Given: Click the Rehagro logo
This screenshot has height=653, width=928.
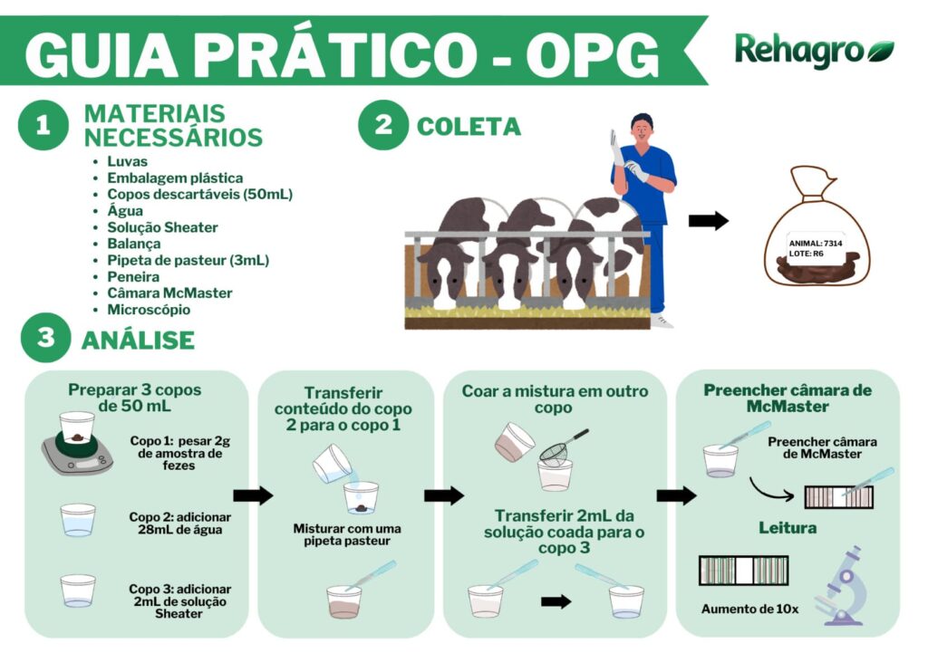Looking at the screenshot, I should [x=814, y=51].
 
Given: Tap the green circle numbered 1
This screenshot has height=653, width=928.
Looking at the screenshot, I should [x=43, y=126].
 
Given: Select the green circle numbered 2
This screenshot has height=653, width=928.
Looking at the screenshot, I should [x=383, y=125].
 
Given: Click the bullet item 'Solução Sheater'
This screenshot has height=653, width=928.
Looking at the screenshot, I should [x=162, y=227].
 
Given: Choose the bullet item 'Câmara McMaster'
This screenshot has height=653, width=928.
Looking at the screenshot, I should [x=169, y=293].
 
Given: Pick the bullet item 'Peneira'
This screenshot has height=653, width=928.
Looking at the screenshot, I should [x=133, y=277].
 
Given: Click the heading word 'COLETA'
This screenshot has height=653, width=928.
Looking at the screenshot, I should [x=469, y=127].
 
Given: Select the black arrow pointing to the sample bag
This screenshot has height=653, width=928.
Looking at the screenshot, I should [x=708, y=221].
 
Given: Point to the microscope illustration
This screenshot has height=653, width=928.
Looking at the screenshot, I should [x=840, y=585].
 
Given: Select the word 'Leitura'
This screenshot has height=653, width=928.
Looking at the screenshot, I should [x=787, y=527].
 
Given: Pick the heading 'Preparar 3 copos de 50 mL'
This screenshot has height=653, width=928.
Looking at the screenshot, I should [x=134, y=398].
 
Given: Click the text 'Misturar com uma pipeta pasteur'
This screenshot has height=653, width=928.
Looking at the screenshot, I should [x=347, y=534].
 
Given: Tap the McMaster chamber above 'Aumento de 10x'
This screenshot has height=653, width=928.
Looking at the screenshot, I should [x=743, y=570].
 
